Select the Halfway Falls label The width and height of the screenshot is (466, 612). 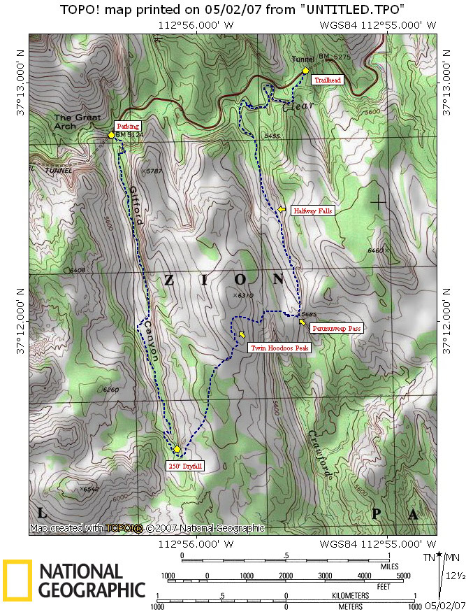pos(313,210)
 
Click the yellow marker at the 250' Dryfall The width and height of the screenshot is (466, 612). pos(177,448)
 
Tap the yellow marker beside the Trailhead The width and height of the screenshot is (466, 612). pos(305,71)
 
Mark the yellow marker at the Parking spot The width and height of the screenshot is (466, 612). pos(111,134)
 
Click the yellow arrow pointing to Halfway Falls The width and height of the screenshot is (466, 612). pos(282,209)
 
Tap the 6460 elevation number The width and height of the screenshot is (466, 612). pos(376,250)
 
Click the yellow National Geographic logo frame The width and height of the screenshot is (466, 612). pos(17,581)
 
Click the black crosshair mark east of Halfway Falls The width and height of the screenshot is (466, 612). pos(378,203)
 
